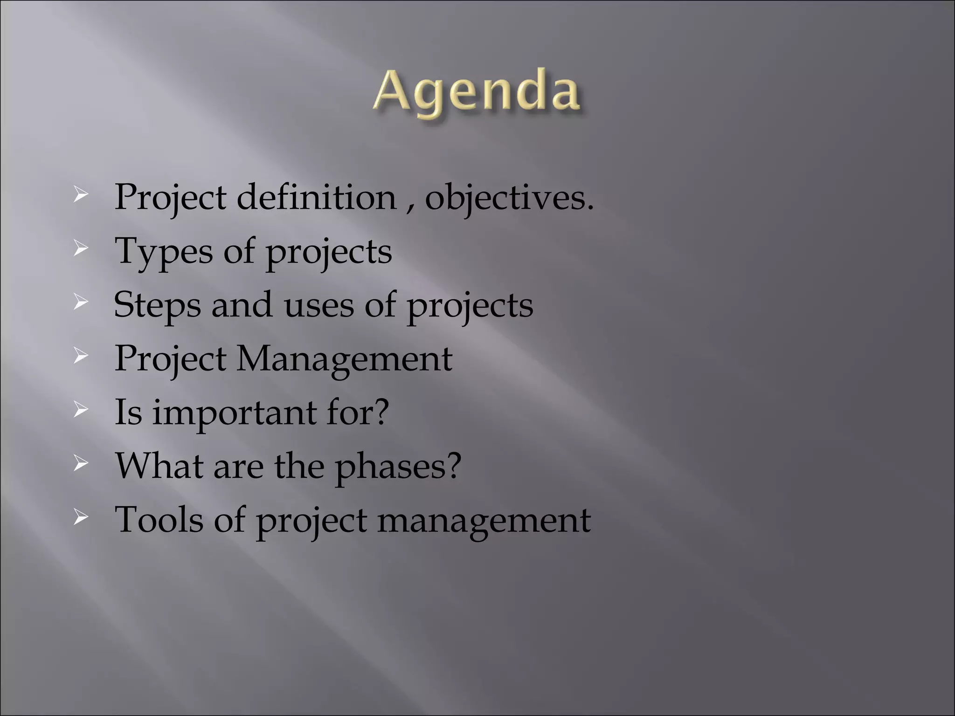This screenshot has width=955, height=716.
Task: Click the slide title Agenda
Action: click(477, 93)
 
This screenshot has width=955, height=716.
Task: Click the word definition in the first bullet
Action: click(317, 198)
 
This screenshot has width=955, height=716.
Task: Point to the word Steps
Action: click(158, 306)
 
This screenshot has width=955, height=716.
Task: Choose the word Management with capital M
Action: click(344, 359)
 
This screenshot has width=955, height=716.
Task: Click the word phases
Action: click(392, 467)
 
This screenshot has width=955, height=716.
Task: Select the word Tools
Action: click(159, 519)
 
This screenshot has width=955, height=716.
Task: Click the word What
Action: click(159, 466)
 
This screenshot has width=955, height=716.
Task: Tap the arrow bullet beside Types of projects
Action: click(81, 250)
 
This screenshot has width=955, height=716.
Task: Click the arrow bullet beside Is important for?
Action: click(81, 411)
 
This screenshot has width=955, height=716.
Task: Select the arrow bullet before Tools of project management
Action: click(81, 517)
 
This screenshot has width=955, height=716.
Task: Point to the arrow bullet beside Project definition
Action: click(81, 196)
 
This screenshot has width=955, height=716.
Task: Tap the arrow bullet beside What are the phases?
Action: click(81, 464)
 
